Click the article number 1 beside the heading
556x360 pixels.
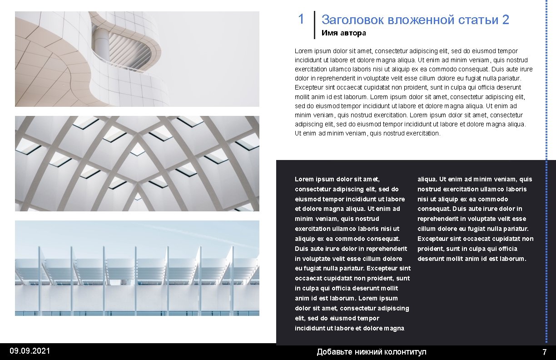pyautogui.click(x=301, y=19)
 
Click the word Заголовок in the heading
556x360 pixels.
pyautogui.click(x=352, y=20)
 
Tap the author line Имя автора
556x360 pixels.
pyautogui.click(x=343, y=33)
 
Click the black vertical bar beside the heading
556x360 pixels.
pyautogui.click(x=314, y=25)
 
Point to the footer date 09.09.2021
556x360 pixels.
pyautogui.click(x=30, y=351)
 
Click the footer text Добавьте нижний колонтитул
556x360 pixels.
pyautogui.click(x=372, y=352)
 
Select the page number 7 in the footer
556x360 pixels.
pyautogui.click(x=545, y=352)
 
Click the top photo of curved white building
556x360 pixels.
pyautogui.click(x=137, y=59)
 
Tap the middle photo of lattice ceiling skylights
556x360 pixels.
pyautogui.click(x=137, y=164)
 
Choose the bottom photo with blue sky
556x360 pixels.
pyautogui.click(x=137, y=268)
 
